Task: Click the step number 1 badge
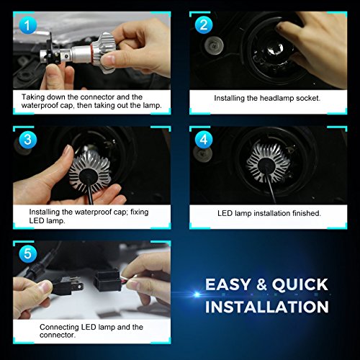coord(27,26)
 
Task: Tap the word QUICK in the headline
coord(299,284)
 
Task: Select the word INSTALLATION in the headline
coord(267,307)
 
